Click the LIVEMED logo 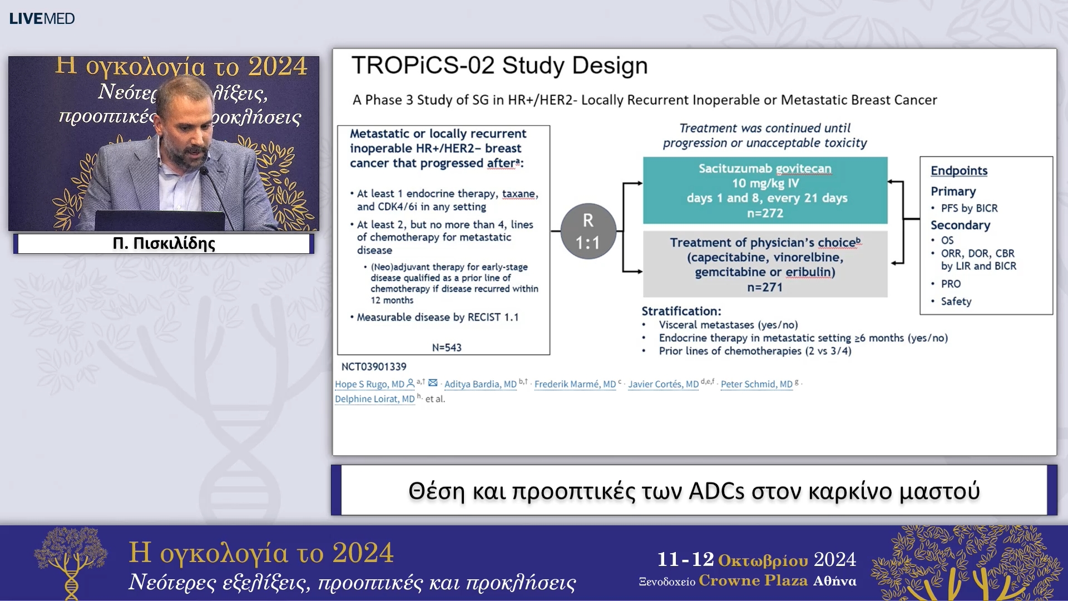(42, 18)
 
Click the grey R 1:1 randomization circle (588, 231)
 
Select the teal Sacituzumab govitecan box (765, 190)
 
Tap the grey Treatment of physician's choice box (765, 264)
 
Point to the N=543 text (447, 347)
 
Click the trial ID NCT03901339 (374, 366)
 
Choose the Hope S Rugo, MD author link (369, 384)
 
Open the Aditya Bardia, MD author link (481, 384)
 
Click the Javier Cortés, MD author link (663, 384)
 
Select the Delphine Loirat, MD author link (375, 398)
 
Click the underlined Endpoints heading (959, 171)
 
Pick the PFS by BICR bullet (969, 208)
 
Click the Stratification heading (681, 311)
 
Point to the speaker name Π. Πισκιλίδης (164, 243)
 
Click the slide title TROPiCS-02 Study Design (500, 65)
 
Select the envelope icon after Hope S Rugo (433, 383)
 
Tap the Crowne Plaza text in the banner (753, 580)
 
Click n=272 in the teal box (765, 213)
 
